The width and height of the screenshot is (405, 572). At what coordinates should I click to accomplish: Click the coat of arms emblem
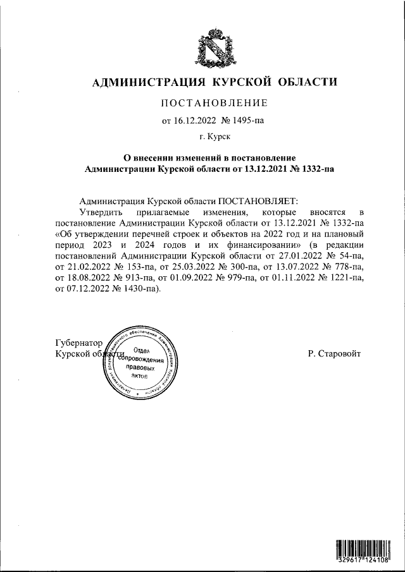point(215,48)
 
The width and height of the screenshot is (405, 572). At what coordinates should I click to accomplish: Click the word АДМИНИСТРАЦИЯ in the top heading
point(151,82)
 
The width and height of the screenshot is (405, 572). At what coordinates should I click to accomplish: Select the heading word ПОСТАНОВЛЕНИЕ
point(215,103)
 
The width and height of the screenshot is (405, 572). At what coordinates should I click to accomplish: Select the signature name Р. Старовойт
point(334,354)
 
